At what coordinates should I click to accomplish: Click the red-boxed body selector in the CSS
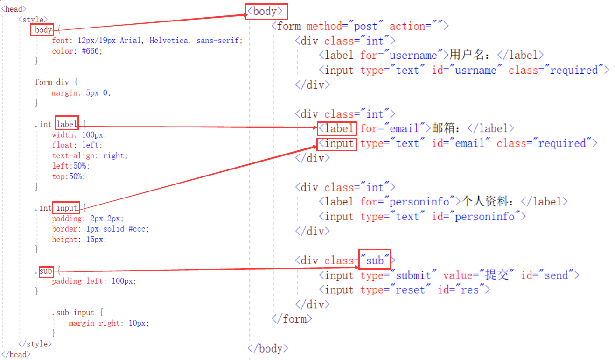[43, 30]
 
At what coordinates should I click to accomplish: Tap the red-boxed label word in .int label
[67, 124]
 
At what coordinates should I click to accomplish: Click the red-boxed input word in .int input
[66, 208]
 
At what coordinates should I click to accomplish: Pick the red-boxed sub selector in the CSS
[46, 271]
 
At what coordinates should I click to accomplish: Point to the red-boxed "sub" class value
[374, 260]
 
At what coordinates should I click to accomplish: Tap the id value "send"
[556, 275]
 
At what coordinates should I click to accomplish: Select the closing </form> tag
[291, 319]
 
